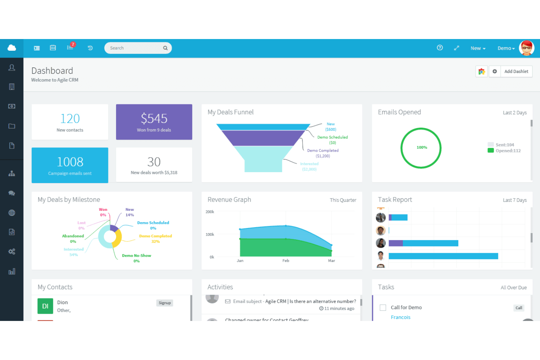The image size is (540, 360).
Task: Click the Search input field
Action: click(135, 48)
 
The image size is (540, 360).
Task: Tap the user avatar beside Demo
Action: click(526, 48)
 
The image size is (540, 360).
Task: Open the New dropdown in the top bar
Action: click(478, 48)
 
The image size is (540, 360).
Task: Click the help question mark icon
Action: click(440, 48)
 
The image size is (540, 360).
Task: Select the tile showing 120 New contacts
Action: click(70, 122)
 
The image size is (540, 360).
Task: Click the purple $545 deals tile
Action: click(154, 122)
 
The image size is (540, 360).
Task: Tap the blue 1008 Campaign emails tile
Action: click(70, 165)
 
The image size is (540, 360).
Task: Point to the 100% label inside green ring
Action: click(422, 147)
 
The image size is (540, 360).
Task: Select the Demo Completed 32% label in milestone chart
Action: click(155, 239)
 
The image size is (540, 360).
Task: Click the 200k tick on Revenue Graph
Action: click(210, 212)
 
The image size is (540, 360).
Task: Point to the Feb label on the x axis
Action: click(286, 261)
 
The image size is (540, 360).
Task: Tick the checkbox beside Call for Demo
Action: click(383, 307)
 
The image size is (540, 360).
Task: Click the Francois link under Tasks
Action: click(400, 317)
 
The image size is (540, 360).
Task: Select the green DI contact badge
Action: click(45, 306)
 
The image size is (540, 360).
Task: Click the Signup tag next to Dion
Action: click(165, 303)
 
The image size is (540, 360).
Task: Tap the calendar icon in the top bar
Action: click(53, 48)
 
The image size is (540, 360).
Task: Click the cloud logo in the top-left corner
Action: click(12, 48)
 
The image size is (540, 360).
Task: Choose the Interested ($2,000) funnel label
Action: click(309, 166)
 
